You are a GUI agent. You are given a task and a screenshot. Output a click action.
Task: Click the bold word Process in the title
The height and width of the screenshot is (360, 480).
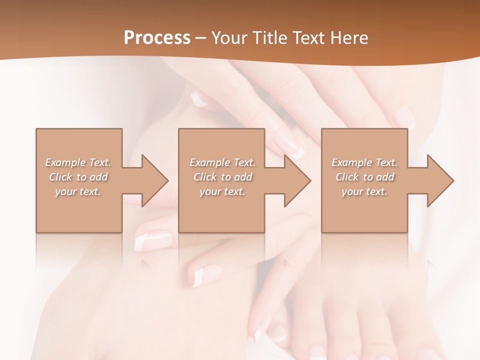[x=157, y=38]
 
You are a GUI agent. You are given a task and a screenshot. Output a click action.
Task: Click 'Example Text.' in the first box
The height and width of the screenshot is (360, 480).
[x=78, y=162]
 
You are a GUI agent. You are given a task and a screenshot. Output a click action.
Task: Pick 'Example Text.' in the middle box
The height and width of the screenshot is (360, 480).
[x=222, y=162]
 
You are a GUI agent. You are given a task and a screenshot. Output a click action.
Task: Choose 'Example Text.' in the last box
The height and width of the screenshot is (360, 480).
[x=364, y=162]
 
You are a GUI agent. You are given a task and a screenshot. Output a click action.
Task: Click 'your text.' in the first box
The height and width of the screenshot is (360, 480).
[x=78, y=191]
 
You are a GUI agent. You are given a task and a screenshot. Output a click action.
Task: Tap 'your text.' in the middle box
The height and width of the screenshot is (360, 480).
[x=222, y=191]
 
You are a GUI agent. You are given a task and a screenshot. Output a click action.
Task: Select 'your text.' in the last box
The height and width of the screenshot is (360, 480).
[x=364, y=191]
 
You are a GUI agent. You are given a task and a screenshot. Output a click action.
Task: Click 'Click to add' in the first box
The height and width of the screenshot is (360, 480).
[x=78, y=177]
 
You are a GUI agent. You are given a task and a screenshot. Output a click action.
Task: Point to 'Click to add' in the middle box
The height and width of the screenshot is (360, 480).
[x=222, y=177]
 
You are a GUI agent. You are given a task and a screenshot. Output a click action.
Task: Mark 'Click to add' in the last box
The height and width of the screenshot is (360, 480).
[x=364, y=177]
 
